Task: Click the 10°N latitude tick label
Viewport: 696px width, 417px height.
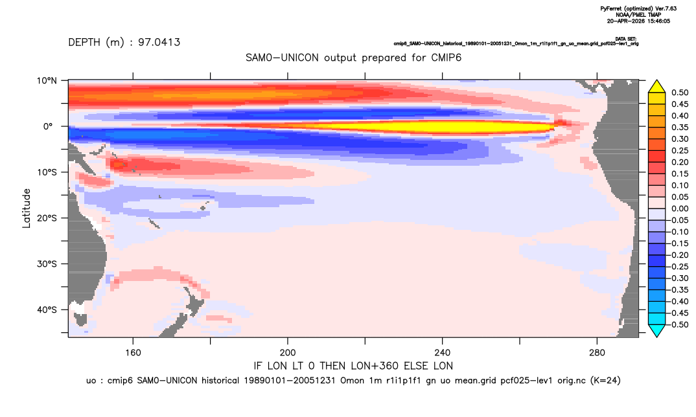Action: (x=47, y=80)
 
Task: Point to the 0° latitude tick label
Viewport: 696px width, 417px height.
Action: (x=48, y=126)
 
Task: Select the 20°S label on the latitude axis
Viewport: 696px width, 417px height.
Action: (x=47, y=218)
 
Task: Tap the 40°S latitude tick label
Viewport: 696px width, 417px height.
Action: (x=47, y=310)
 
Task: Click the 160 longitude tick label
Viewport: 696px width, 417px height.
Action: (x=133, y=353)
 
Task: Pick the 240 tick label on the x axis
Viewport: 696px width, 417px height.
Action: (x=442, y=353)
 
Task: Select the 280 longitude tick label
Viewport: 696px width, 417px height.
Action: (x=597, y=353)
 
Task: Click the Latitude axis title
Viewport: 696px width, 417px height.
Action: (x=27, y=208)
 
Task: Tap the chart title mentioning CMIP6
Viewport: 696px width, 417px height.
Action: (x=353, y=58)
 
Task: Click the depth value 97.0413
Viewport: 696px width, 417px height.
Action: (x=159, y=42)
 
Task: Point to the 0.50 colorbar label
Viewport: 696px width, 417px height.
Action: (x=680, y=93)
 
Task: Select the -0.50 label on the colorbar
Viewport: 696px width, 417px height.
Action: (x=679, y=324)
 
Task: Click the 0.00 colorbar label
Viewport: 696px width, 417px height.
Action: (x=680, y=208)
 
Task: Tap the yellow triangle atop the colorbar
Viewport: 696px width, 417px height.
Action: (x=657, y=87)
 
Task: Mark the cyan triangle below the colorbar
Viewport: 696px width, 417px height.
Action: (x=657, y=330)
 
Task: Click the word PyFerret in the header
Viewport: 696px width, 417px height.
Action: (x=610, y=8)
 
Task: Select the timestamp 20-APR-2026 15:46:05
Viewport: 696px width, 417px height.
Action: (x=638, y=21)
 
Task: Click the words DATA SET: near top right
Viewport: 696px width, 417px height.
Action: (x=626, y=39)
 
